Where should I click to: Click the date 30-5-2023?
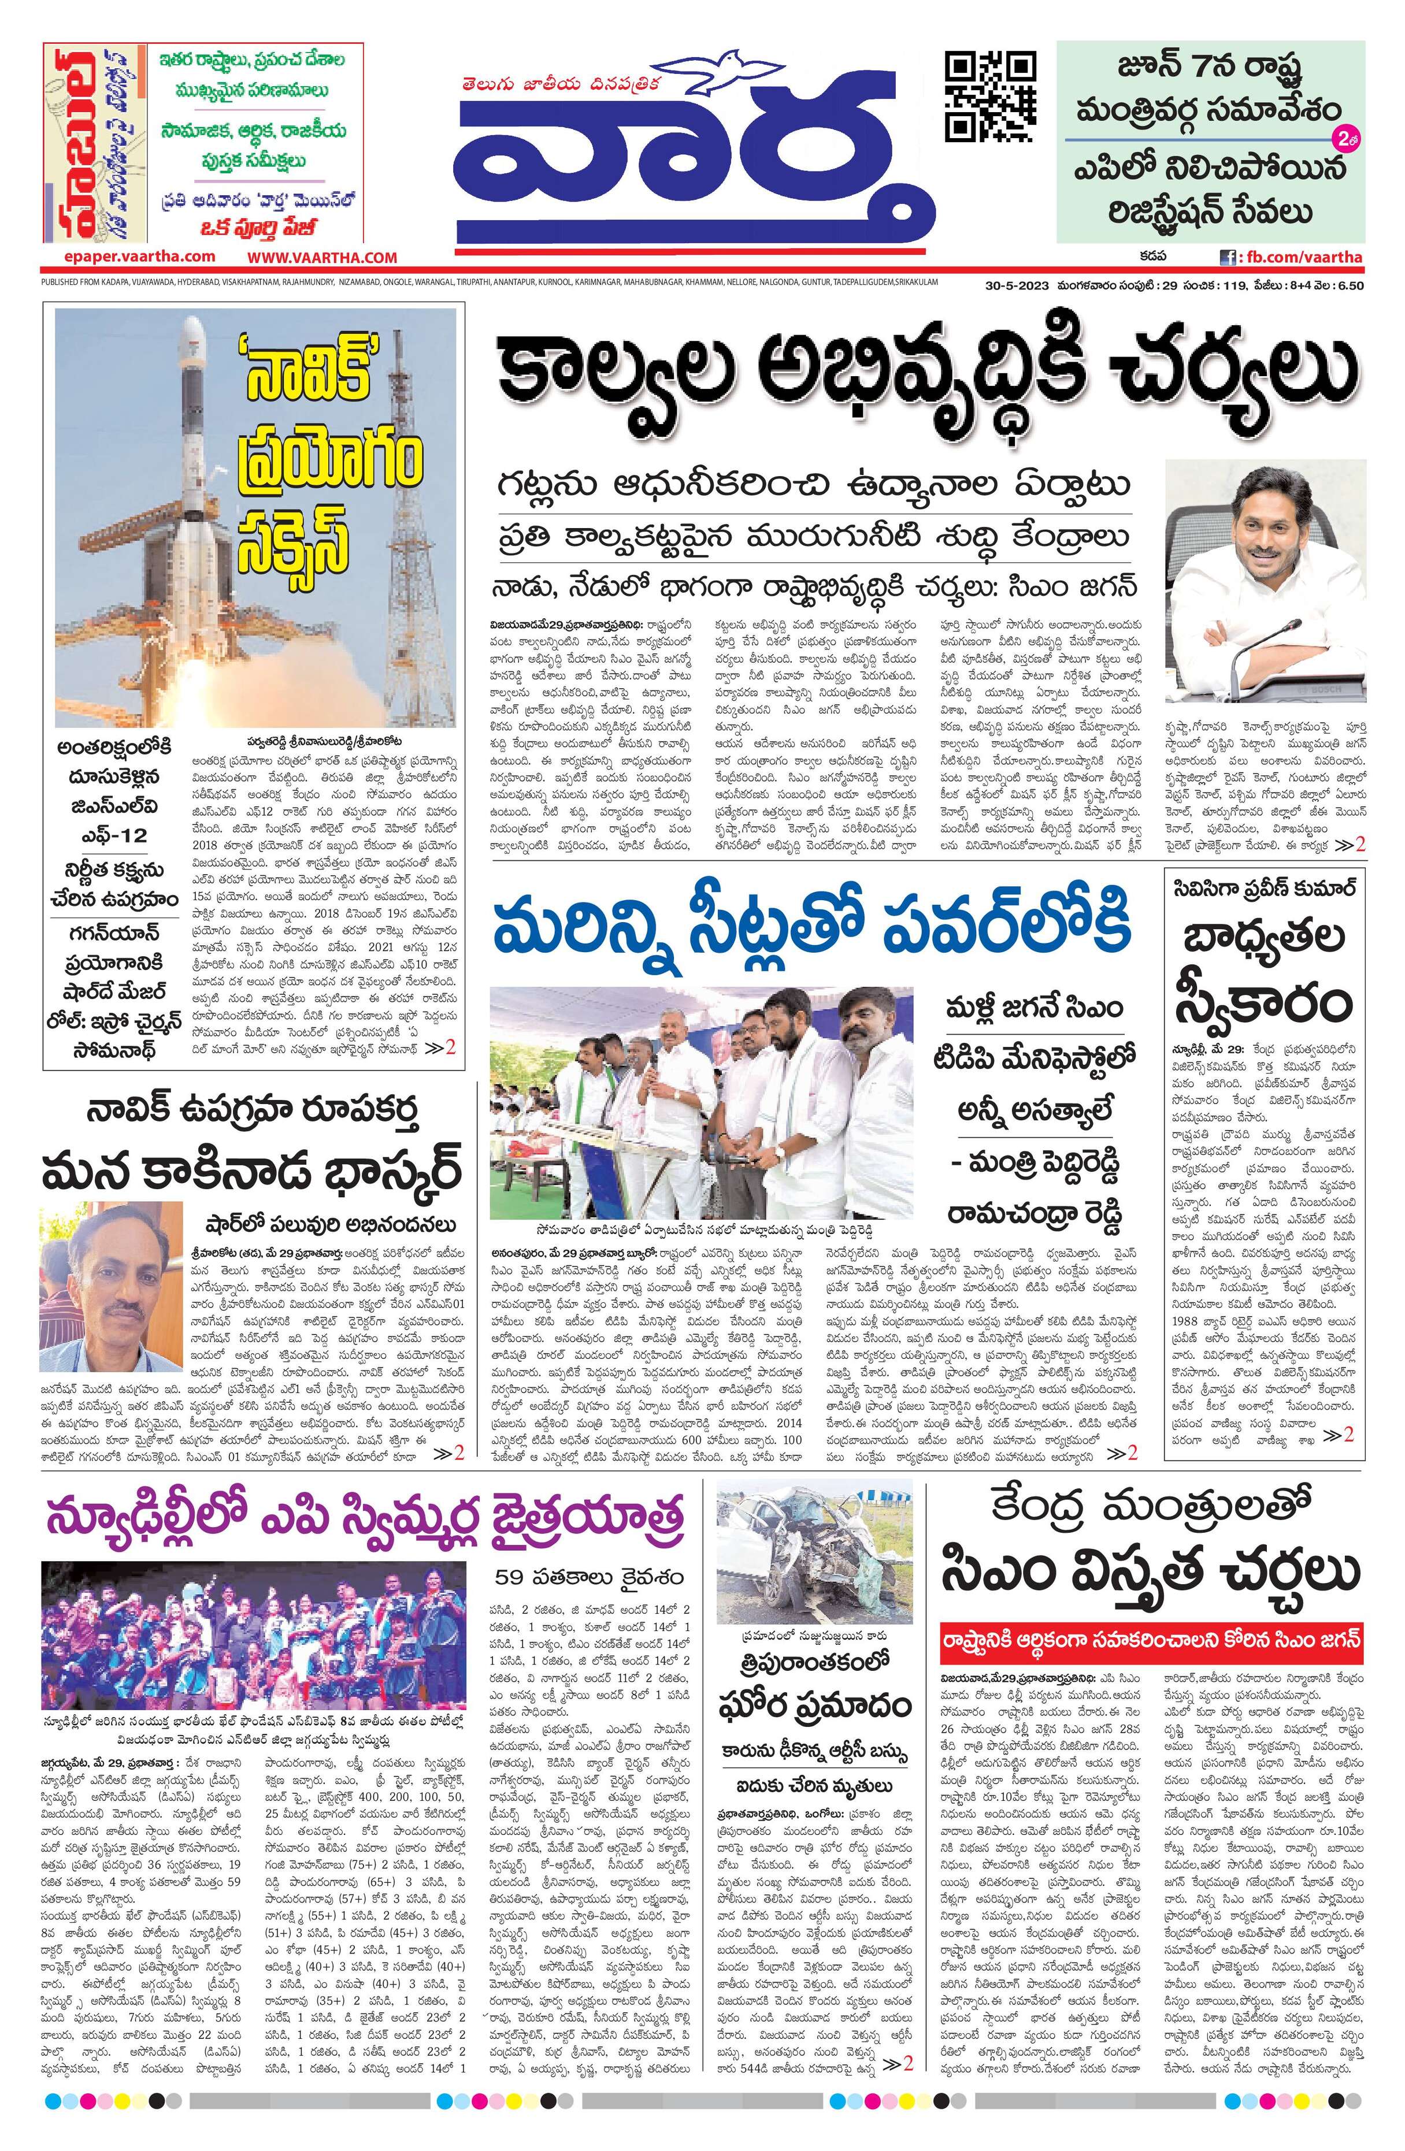(x=1016, y=287)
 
